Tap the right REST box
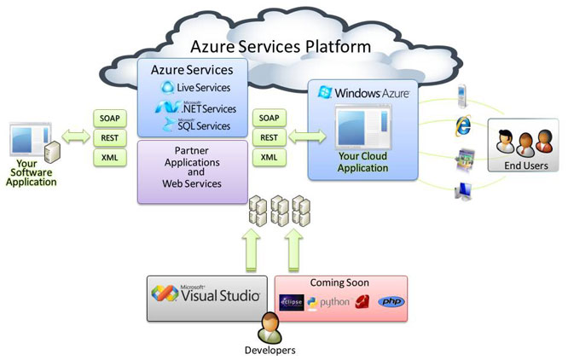270,137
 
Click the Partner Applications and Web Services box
193,171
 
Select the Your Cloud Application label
363,162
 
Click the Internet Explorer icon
464,125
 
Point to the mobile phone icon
462,93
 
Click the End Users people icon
519,141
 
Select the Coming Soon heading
341,282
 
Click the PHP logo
391,302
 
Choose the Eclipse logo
292,303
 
